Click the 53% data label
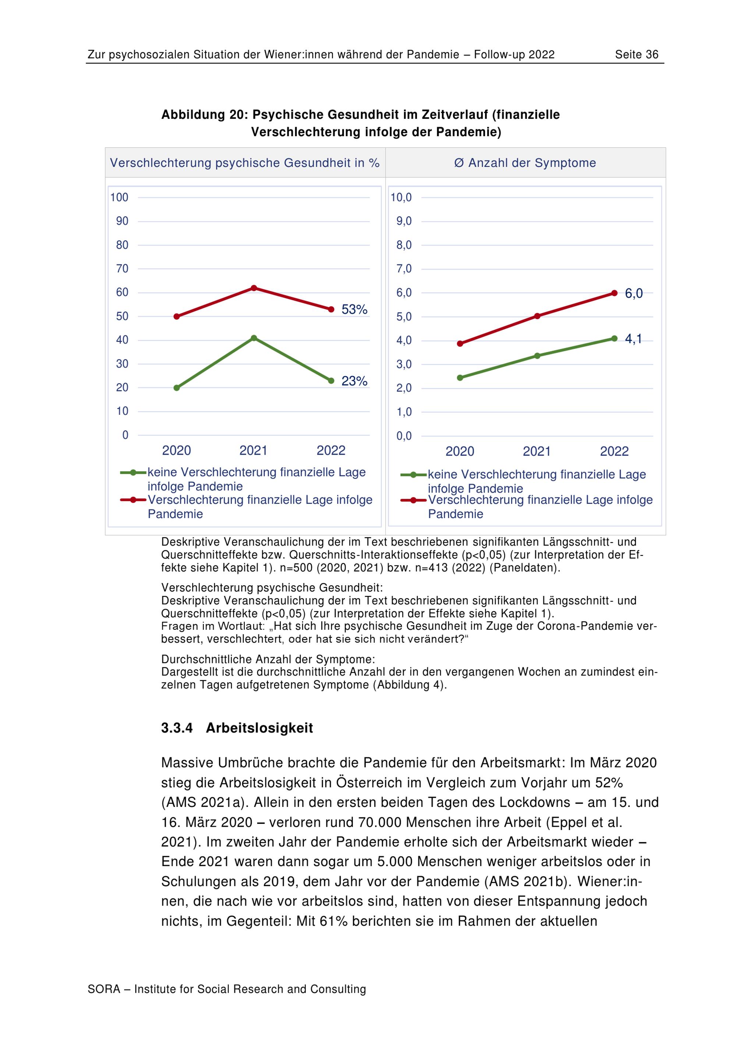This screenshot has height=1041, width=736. point(354,310)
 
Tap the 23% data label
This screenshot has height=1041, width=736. point(354,381)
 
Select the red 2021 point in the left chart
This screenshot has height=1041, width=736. point(254,288)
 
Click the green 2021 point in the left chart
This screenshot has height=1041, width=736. point(254,338)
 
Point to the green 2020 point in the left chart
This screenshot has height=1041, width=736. point(177,388)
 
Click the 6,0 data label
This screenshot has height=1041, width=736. point(634,294)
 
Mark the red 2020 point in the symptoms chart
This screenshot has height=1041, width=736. point(460,344)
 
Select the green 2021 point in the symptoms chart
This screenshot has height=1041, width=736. point(537,356)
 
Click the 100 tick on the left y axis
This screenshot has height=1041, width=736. point(119,197)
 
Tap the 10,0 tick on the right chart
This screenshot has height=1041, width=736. point(401,197)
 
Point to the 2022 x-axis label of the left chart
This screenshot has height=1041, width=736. point(331,450)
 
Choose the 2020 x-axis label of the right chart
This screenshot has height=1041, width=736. point(460,451)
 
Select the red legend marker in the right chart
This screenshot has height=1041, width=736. point(413,500)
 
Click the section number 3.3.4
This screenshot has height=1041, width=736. point(177,728)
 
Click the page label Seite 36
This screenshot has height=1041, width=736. point(636,55)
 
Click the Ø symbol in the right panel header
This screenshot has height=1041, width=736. point(459,163)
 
